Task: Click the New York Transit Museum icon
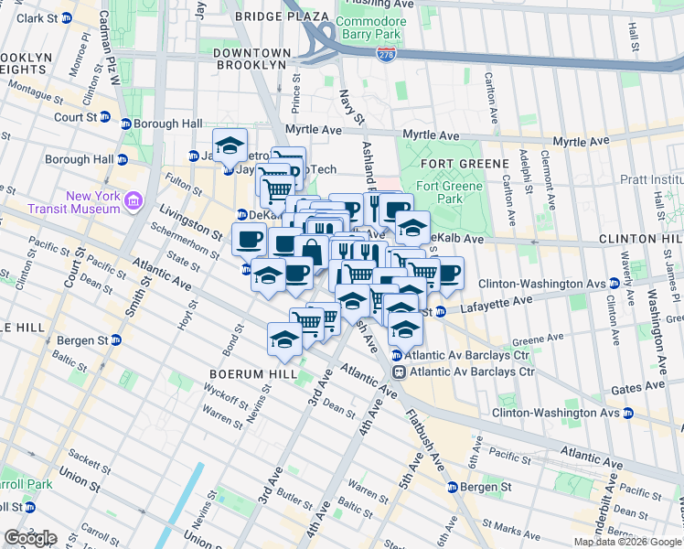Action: tap(134, 200)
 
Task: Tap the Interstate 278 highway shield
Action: tap(388, 58)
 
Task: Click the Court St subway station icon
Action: tap(105, 118)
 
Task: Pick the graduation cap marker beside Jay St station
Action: tap(230, 145)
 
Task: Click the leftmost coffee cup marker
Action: tap(249, 240)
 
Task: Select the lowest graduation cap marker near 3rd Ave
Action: tap(284, 339)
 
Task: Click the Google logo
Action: tap(30, 538)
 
